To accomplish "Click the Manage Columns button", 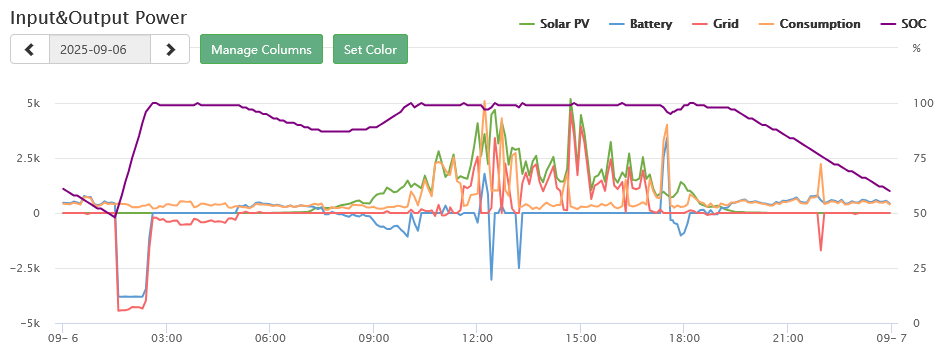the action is [261, 49].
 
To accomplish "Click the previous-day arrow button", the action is [30, 49].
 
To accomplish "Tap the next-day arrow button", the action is [170, 49].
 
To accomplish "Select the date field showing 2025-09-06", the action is [100, 49].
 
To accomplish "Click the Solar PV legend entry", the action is [554, 24].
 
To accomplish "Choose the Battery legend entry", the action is [641, 24].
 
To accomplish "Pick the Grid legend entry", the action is [715, 24].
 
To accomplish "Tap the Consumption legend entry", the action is [809, 24].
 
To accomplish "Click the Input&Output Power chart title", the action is [99, 17].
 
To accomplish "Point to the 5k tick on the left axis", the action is [33, 103].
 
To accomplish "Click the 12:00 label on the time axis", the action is [477, 338].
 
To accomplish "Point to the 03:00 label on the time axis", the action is [167, 338].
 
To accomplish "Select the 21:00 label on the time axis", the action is [787, 338].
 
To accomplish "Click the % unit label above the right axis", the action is [916, 49].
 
